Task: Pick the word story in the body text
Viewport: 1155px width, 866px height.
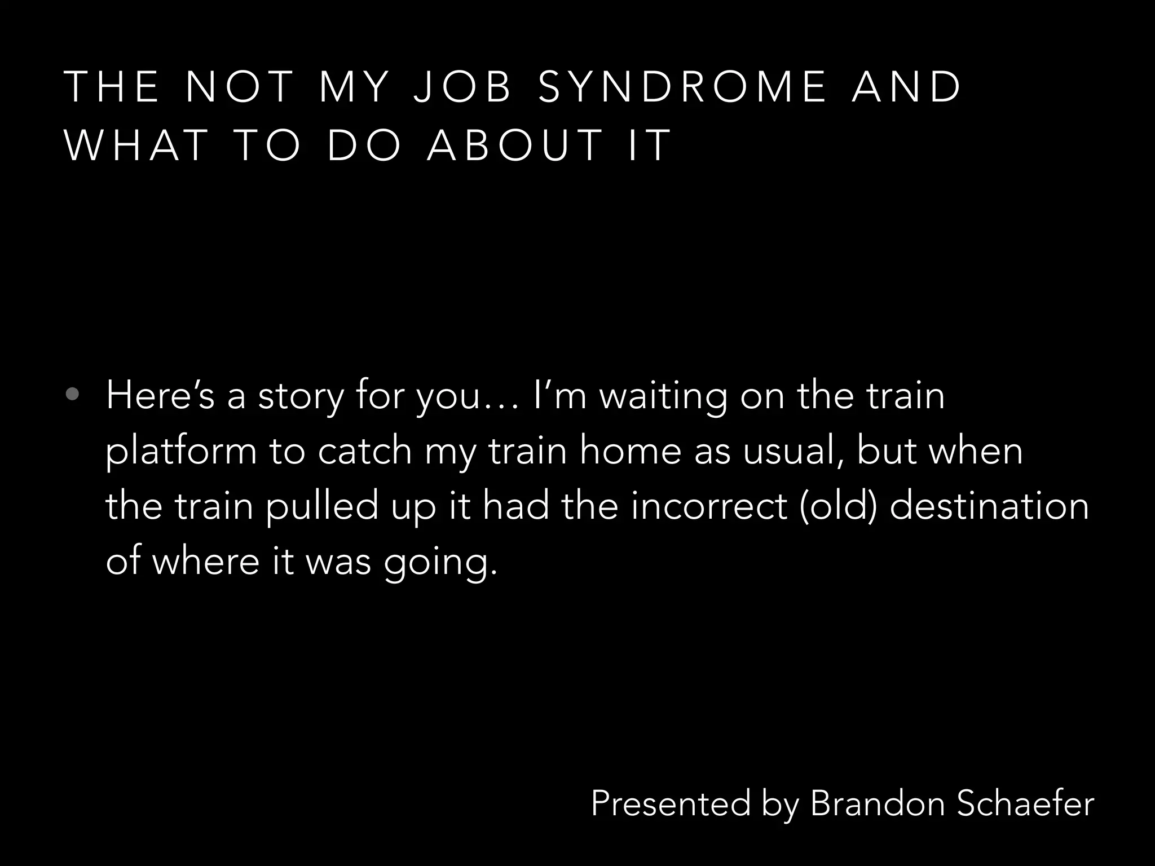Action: (x=300, y=396)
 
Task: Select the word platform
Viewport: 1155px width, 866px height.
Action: (x=181, y=452)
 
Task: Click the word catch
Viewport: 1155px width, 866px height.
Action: (x=365, y=451)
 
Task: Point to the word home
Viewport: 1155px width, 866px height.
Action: (x=631, y=451)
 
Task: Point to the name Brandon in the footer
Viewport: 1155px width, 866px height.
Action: (x=878, y=803)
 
